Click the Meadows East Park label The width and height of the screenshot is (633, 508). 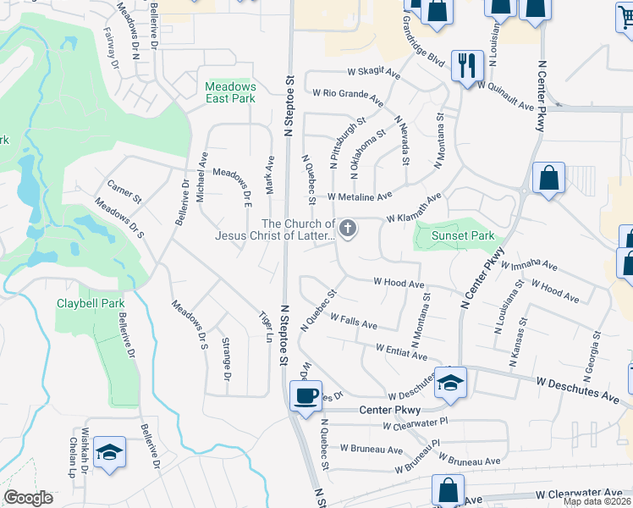pos(230,92)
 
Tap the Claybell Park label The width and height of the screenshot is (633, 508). pos(91,303)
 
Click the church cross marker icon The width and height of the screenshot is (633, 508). pos(347,229)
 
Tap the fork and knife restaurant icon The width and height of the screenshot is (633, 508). pos(466,64)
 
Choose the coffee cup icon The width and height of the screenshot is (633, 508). pos(305,395)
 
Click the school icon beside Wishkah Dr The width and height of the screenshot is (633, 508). pos(109,452)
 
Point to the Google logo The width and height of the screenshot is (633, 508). pos(29,498)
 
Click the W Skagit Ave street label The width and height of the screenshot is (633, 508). pos(373,74)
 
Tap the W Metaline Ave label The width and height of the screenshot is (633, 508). pos(360,196)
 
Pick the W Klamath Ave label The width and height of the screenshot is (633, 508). pos(414,208)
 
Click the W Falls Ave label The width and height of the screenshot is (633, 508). pos(354,322)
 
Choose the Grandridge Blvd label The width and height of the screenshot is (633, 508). pos(423,47)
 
